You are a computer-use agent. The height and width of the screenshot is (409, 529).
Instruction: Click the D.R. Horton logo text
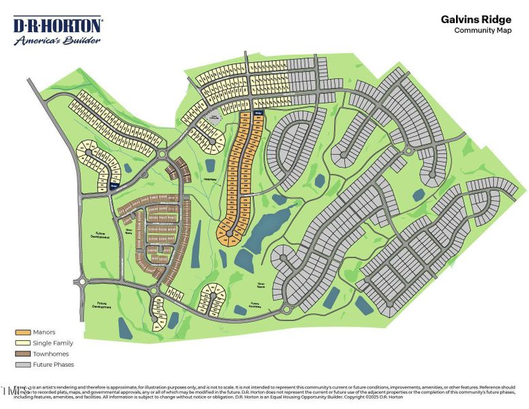[x=58, y=25]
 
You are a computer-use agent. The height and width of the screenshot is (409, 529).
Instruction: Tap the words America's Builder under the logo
[x=58, y=40]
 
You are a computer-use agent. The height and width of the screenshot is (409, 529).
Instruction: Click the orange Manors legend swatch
[x=22, y=332]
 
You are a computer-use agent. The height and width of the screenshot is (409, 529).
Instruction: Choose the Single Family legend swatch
[x=22, y=343]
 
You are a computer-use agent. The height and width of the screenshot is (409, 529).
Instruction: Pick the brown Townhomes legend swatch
[x=22, y=354]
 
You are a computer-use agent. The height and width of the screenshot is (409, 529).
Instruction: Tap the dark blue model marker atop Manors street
[x=258, y=112]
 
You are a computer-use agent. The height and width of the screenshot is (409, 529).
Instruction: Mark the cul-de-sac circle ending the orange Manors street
[x=229, y=234]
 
